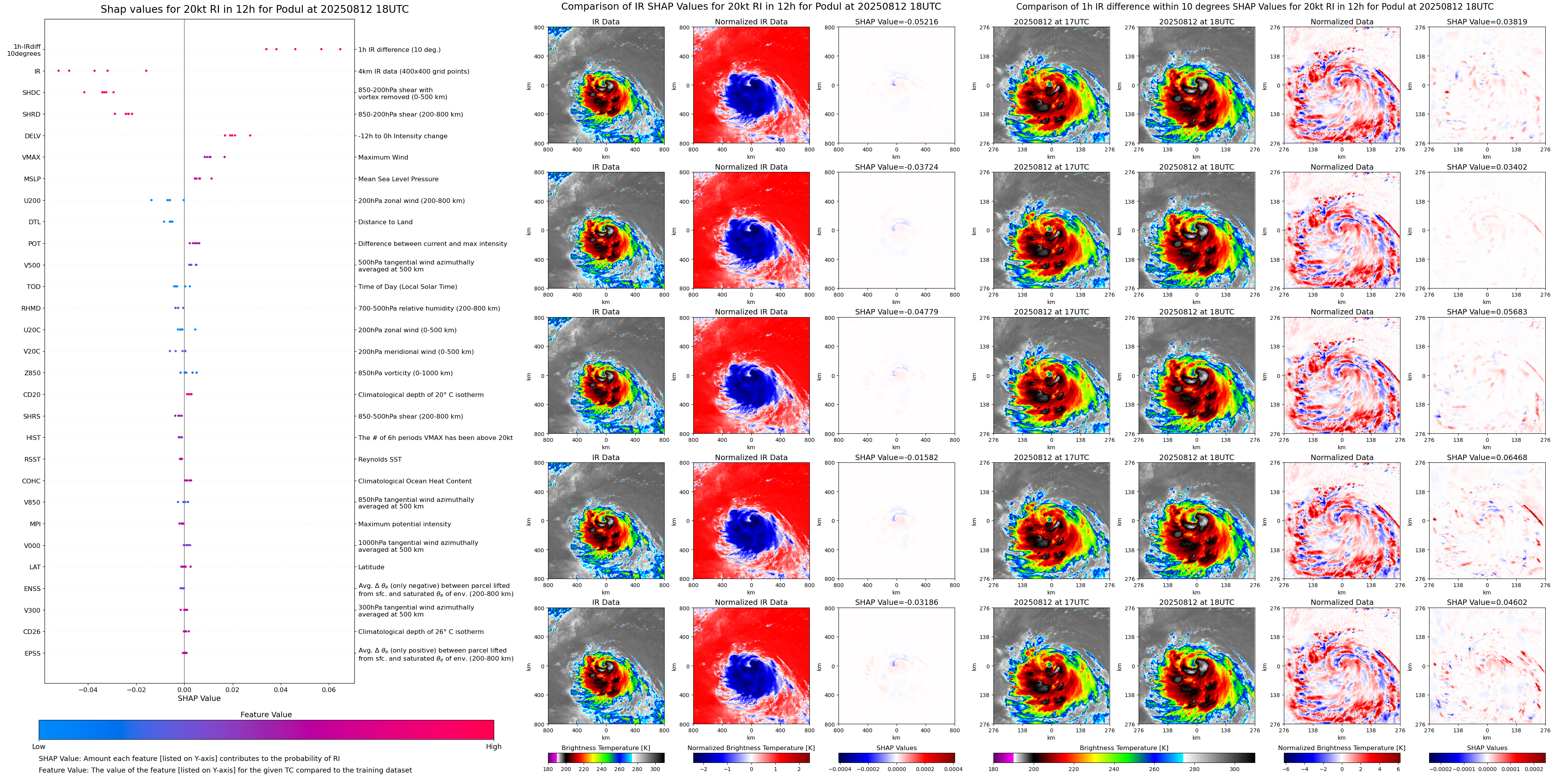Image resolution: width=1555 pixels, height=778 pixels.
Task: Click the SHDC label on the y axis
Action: tap(31, 93)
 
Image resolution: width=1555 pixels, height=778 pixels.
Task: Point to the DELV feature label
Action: tap(33, 136)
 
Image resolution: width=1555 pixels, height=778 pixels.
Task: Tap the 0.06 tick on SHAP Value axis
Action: tap(328, 690)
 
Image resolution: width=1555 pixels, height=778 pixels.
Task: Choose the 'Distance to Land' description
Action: tap(385, 222)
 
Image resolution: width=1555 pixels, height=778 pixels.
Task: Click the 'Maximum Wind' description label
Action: tap(383, 158)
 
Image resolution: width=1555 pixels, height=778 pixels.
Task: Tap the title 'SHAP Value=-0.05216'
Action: tap(897, 22)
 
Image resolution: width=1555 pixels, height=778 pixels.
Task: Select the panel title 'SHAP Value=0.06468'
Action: tap(1487, 457)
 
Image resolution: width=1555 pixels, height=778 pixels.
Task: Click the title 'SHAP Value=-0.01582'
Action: tap(897, 457)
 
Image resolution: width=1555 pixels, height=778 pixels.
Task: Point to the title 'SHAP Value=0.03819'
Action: tap(1487, 22)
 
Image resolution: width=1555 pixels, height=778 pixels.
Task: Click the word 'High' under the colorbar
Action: tap(493, 747)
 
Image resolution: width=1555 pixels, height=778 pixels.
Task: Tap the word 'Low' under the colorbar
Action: tap(39, 747)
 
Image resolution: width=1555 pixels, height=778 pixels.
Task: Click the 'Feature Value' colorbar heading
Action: tap(266, 714)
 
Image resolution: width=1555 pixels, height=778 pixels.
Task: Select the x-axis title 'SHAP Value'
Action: tap(199, 698)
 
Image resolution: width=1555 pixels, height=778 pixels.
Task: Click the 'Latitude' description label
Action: tap(371, 567)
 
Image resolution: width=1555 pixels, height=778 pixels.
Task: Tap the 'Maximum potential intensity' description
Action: tap(404, 524)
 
